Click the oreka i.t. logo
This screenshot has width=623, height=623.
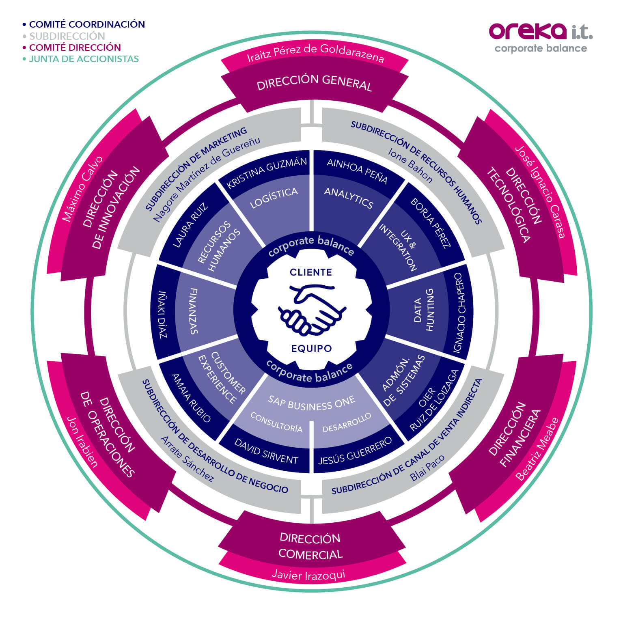(541, 37)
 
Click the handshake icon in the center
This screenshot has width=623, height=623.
(312, 309)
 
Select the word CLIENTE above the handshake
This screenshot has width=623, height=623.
(311, 272)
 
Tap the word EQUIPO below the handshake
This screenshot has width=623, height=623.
(311, 348)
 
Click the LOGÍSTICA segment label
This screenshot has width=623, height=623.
(274, 198)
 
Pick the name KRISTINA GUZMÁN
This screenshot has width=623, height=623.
(267, 172)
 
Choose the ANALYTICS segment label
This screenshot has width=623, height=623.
(349, 198)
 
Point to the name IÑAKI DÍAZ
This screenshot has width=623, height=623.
(163, 315)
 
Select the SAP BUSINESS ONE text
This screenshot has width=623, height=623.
(312, 403)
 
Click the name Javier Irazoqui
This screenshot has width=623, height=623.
(308, 574)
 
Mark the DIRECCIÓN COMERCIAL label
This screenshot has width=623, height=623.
(310, 546)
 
